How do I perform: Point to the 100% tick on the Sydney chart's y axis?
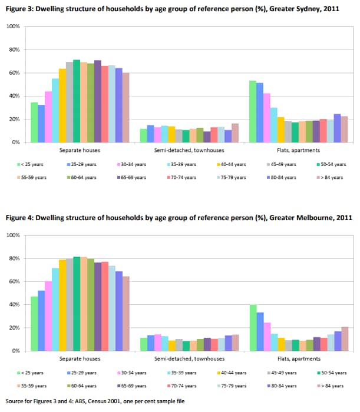(x=13, y=27)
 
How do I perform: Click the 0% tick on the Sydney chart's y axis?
(x=16, y=142)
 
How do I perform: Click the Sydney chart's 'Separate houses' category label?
(x=79, y=151)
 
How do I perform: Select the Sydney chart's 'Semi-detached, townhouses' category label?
(x=189, y=151)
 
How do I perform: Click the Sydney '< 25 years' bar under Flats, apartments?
(x=252, y=112)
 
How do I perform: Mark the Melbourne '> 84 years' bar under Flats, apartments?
(x=345, y=339)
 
